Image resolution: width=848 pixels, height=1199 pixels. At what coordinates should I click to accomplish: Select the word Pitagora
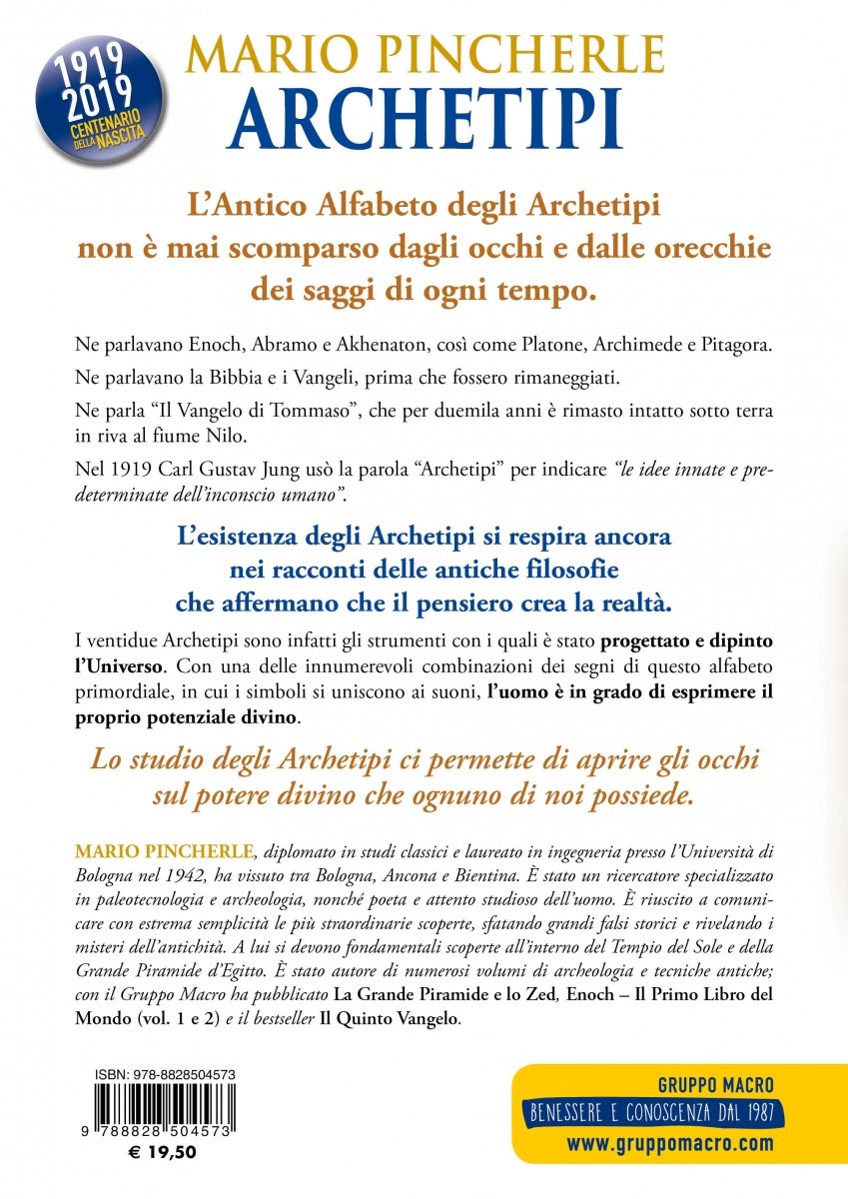[x=738, y=344]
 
